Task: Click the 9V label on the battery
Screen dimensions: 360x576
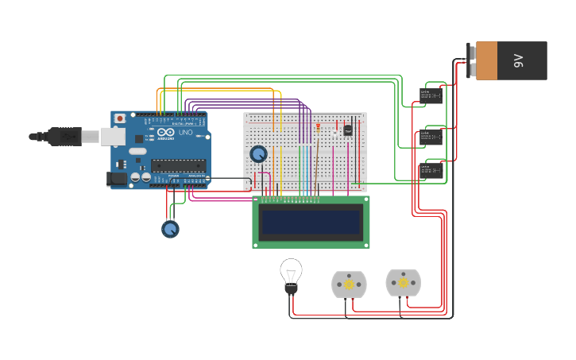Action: click(x=518, y=61)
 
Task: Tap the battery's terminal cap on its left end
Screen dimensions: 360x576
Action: click(x=471, y=61)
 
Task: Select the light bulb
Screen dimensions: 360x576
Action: click(x=291, y=274)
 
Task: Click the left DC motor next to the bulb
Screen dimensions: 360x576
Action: click(x=349, y=285)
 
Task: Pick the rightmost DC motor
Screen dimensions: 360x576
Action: click(x=403, y=282)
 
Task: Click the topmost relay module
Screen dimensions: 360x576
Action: click(x=431, y=96)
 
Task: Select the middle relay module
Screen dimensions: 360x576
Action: click(x=431, y=137)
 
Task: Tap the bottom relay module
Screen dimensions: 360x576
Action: click(x=431, y=171)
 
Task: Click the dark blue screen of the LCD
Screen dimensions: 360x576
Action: click(x=311, y=222)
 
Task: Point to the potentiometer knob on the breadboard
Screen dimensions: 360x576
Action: click(x=258, y=153)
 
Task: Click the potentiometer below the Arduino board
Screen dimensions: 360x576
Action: click(x=170, y=229)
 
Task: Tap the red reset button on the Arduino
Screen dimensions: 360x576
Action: click(x=120, y=118)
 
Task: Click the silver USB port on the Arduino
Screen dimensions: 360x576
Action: click(x=112, y=137)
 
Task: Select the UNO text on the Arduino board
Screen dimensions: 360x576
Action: click(x=185, y=132)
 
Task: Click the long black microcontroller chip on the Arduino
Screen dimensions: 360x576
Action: click(x=178, y=165)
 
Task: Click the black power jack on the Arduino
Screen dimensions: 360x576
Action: click(x=117, y=180)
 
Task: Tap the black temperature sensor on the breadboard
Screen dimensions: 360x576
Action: click(x=347, y=130)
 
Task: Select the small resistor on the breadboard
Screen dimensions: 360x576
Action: click(x=318, y=127)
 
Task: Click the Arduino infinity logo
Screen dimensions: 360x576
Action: click(x=165, y=133)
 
